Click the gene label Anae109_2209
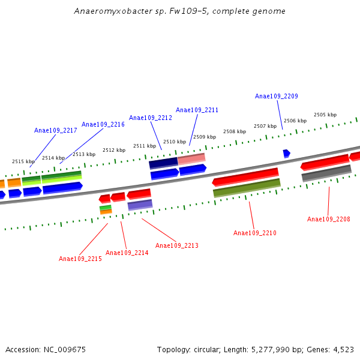point(276,96)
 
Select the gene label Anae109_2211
point(197,110)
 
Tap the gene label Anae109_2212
point(150,118)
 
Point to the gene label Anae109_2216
point(103,124)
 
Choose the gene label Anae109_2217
point(55,130)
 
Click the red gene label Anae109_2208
point(328,219)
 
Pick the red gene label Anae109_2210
point(254,233)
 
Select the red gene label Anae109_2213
point(176,245)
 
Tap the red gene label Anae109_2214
point(127,253)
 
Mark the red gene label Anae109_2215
point(80,259)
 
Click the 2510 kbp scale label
point(174,142)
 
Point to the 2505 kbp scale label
point(325,115)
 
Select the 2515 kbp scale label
point(23,161)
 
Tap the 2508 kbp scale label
point(234,131)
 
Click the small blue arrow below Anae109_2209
point(286,154)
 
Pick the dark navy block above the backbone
point(163,163)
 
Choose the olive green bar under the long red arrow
point(247,188)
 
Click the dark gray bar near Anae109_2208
point(326,173)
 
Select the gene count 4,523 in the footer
point(342,349)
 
